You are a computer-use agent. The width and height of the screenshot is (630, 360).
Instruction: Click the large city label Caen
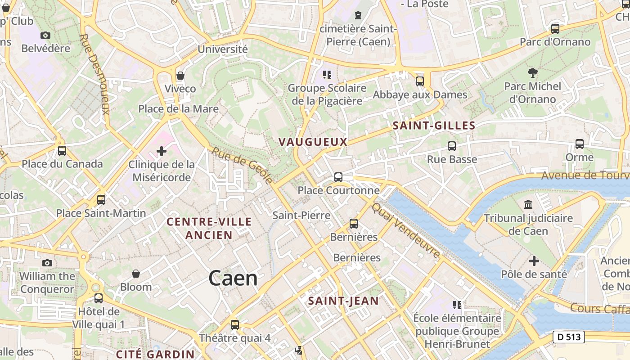tap(233, 279)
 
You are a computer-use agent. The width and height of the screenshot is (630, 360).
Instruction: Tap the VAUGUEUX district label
tap(313, 142)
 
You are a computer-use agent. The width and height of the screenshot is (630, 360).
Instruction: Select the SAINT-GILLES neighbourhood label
tap(434, 126)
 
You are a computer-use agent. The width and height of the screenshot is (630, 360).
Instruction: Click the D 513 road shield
tap(568, 337)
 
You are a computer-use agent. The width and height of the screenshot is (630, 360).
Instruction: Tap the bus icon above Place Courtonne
tap(338, 177)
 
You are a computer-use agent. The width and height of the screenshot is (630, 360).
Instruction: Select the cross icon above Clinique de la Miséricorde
tap(162, 151)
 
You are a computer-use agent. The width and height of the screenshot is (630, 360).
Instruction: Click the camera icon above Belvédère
tap(45, 35)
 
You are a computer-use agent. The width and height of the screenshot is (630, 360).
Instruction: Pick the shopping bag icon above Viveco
tap(180, 75)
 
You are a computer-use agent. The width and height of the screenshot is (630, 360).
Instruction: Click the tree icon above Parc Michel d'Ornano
tap(533, 72)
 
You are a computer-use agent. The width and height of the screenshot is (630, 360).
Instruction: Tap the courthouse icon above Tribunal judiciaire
tap(528, 205)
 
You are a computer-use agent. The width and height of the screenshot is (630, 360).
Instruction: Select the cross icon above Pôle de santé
tap(534, 261)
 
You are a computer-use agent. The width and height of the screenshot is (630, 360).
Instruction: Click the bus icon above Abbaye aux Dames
tap(420, 81)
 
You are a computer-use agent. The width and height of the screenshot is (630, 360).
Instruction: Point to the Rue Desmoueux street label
tap(94, 74)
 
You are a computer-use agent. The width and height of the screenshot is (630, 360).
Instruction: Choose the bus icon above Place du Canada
tap(62, 151)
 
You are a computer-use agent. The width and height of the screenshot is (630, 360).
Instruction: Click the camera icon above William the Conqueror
tap(47, 263)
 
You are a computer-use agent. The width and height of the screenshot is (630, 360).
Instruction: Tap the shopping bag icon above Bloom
tap(135, 274)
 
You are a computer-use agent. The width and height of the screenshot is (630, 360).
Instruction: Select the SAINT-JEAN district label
tap(343, 301)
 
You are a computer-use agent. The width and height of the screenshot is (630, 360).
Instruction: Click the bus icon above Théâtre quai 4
tap(234, 324)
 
